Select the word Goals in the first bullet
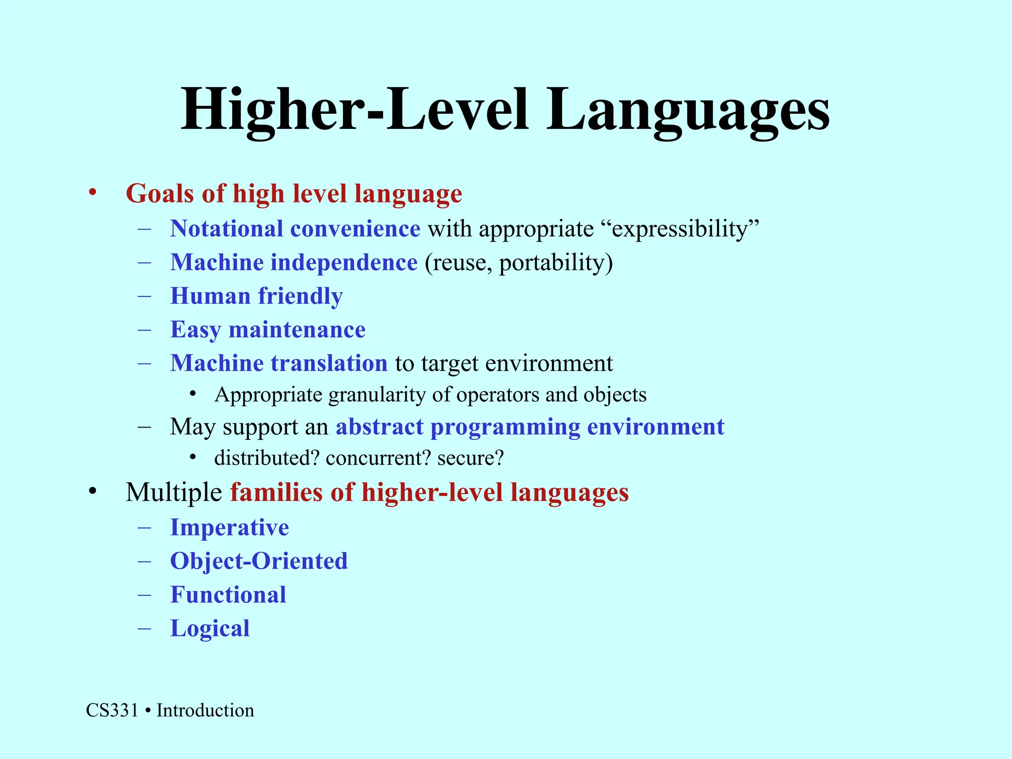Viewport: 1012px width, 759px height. (x=160, y=193)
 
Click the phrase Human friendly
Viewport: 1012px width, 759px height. (x=256, y=296)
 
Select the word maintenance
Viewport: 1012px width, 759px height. (x=297, y=330)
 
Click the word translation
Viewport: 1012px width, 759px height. (x=329, y=363)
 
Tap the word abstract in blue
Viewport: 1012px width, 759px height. (x=379, y=426)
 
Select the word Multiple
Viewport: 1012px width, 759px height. (x=173, y=492)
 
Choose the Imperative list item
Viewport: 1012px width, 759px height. (x=229, y=527)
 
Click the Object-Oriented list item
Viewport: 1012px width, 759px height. (x=259, y=561)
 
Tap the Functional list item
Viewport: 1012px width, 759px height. (x=228, y=594)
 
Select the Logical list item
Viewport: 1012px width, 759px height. (x=210, y=628)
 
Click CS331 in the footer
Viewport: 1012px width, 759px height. (x=112, y=711)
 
